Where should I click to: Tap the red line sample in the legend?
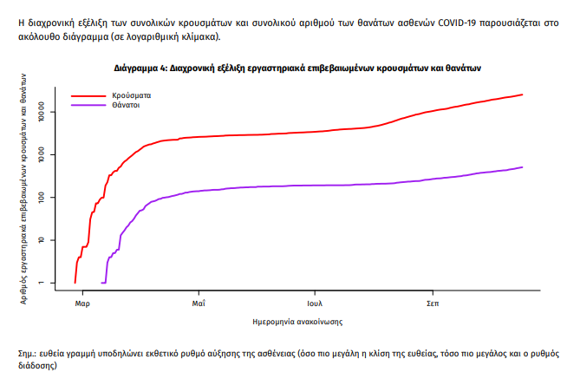(87, 95)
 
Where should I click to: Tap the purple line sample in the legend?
(87, 105)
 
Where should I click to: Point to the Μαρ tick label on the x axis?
(82, 304)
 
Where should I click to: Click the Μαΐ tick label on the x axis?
(199, 304)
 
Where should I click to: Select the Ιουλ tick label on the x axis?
(316, 304)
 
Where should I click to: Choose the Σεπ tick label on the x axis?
(432, 304)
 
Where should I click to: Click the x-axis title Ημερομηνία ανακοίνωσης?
(297, 322)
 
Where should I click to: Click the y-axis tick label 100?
(52, 198)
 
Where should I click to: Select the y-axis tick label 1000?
(52, 155)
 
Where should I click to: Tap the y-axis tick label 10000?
(52, 112)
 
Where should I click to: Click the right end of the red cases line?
(522, 95)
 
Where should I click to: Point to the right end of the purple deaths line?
(522, 167)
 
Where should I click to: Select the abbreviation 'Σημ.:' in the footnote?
(28, 356)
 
